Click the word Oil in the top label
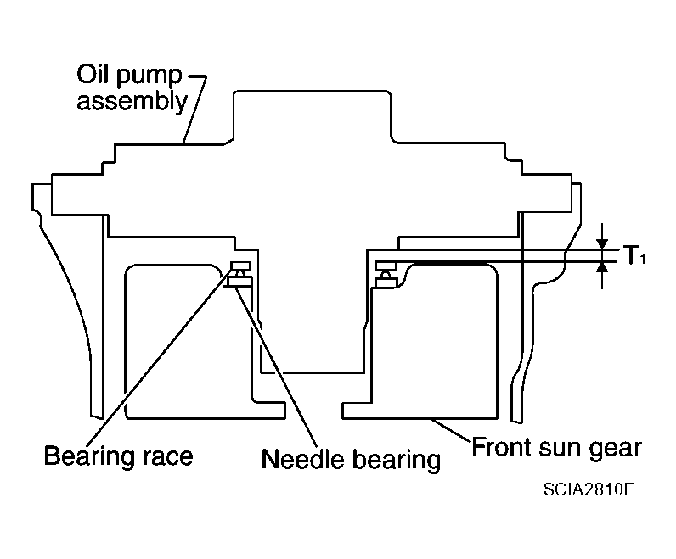pos(93,74)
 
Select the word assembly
pos(132,102)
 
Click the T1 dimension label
pos(634,255)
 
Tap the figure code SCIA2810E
pos(589,489)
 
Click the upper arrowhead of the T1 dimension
pos(602,244)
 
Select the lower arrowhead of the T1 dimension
pos(602,267)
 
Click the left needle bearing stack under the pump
pos(239,274)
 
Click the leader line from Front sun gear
pos(451,430)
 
